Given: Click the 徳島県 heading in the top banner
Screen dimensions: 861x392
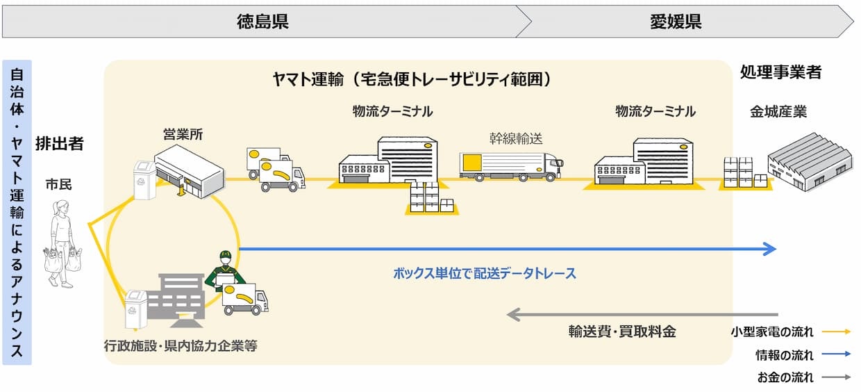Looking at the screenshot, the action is tap(262, 22).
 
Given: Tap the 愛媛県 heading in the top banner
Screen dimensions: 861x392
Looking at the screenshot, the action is tap(676, 22).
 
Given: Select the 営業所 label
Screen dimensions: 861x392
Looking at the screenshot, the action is tap(183, 134).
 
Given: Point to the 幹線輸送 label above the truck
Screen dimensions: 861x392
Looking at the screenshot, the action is tap(516, 138).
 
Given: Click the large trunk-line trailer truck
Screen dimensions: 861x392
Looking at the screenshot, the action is tap(511, 167).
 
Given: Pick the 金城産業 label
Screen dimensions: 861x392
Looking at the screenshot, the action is tap(778, 112).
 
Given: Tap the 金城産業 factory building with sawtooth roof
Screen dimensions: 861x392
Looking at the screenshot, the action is tap(810, 161).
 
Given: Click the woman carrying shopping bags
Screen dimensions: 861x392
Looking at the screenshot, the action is tap(62, 243).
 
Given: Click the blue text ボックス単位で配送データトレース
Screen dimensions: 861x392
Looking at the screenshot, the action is tap(485, 274).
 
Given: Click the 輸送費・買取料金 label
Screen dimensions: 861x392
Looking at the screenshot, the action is tap(622, 332).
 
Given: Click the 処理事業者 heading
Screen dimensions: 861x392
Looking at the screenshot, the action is tap(780, 72).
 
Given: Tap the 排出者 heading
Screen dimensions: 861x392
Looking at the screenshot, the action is tap(60, 143).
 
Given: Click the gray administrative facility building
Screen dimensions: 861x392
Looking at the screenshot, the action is tap(176, 300).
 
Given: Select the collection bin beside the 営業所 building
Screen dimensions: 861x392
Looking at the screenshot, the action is tap(144, 180).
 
